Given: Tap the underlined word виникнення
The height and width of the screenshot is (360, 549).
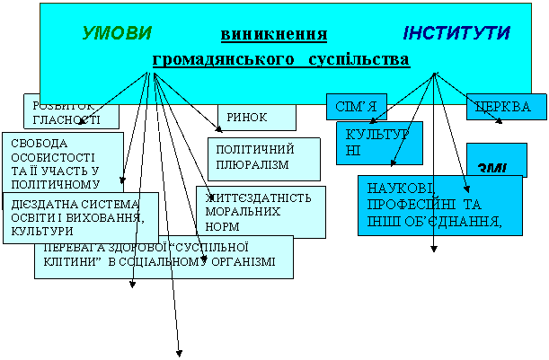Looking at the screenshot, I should pyautogui.click(x=272, y=35).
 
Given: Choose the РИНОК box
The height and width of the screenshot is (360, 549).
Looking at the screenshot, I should pyautogui.click(x=255, y=117).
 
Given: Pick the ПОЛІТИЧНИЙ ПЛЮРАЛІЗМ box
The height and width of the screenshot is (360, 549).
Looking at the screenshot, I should pyautogui.click(x=263, y=158).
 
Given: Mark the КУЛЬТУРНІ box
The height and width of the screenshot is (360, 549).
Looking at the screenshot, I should pyautogui.click(x=377, y=142).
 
